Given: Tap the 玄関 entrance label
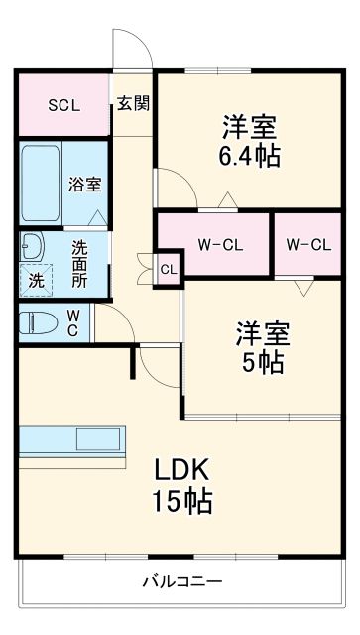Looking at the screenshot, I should (133, 103).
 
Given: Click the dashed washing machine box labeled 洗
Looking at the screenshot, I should (36, 279).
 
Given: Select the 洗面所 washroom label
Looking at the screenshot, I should (79, 263).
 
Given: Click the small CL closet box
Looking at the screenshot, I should (169, 268).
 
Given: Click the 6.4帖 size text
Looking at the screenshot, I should (249, 155).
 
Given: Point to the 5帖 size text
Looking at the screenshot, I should (261, 362).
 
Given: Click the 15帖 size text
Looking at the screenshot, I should (181, 501).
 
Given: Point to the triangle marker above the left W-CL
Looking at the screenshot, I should (227, 203).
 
